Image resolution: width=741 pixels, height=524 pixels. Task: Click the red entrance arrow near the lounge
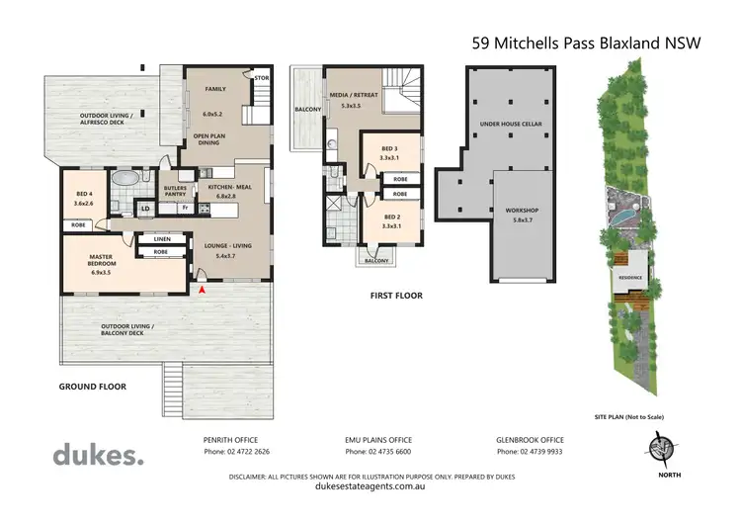tap(204, 290)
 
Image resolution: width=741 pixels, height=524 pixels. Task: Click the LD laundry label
tap(144, 209)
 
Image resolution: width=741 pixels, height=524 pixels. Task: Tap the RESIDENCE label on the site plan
tap(630, 278)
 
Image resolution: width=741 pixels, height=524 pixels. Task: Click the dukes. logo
tap(98, 455)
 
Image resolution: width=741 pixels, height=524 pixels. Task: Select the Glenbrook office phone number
tap(530, 452)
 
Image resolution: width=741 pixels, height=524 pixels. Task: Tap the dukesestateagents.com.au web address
tap(370, 486)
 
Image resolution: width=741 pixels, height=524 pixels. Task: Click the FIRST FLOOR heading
tap(396, 295)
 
